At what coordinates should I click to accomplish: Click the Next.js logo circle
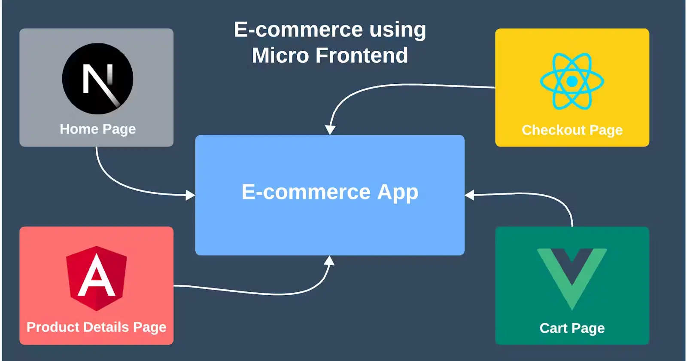click(97, 79)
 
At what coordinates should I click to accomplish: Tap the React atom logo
click(572, 81)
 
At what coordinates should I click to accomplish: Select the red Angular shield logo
click(97, 278)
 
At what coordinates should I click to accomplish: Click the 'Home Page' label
click(97, 129)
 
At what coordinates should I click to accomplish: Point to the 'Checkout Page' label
click(572, 130)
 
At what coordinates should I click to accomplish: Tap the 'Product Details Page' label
click(96, 327)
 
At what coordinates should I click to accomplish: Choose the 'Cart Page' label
click(572, 328)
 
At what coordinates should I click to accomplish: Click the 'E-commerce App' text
click(330, 193)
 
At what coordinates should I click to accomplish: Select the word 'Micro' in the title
click(280, 55)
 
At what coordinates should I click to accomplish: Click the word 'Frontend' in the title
click(362, 55)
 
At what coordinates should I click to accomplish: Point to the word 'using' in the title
click(398, 30)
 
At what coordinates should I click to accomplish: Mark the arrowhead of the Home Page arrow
click(191, 195)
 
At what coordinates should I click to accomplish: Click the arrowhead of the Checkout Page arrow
click(330, 130)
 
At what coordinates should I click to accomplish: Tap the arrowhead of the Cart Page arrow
click(470, 195)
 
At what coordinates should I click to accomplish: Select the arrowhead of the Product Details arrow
click(329, 260)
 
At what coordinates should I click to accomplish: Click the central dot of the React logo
click(572, 81)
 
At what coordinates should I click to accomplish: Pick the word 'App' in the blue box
click(398, 193)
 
